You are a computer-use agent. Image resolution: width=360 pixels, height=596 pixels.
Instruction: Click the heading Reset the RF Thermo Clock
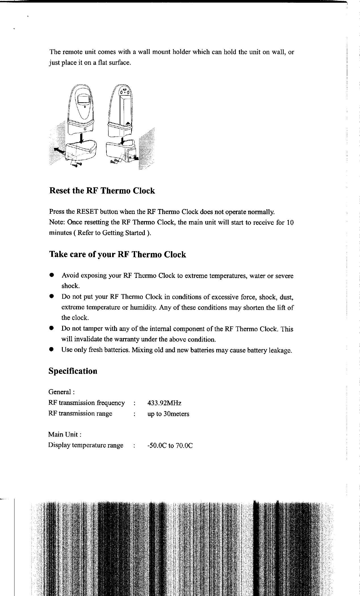pos(102,191)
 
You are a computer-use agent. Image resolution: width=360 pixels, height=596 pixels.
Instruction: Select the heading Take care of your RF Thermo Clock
pos(118,255)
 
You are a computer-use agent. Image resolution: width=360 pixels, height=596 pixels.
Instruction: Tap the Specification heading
pos(73,371)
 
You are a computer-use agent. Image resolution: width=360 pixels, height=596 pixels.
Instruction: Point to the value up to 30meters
pos(168,414)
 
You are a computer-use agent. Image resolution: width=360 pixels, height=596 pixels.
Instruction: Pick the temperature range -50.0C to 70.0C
pos(170,446)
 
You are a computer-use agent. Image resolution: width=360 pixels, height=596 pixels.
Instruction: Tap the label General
pos(61,392)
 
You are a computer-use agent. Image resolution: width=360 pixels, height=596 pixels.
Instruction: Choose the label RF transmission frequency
pos(87,403)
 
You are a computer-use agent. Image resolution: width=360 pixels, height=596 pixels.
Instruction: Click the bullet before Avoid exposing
pos(51,275)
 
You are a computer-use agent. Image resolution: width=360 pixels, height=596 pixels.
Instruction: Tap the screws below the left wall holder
pos(77,164)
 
